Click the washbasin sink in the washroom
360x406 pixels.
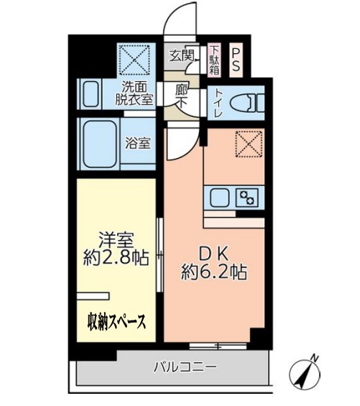90,95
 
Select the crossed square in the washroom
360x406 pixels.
135,61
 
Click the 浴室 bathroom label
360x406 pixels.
139,142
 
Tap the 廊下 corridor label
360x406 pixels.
182,98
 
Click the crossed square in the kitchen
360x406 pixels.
249,145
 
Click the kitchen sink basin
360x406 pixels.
220,195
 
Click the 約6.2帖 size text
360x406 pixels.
213,272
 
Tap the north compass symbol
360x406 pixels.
305,372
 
